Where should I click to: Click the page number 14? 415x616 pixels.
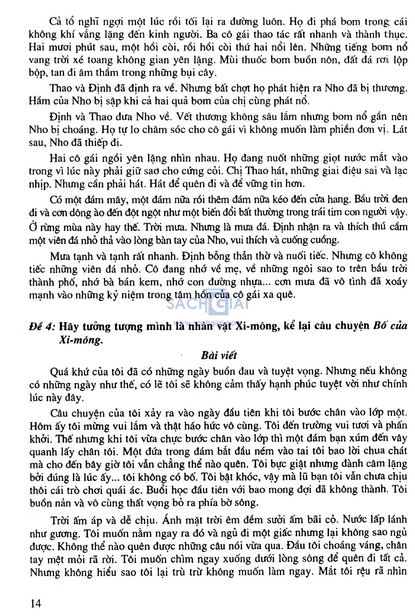[36, 603]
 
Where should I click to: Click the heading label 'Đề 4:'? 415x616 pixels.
[42, 327]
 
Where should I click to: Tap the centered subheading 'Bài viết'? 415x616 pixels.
[218, 355]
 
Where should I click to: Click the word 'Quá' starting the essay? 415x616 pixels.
[60, 371]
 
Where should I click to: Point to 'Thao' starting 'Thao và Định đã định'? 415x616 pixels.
[60, 88]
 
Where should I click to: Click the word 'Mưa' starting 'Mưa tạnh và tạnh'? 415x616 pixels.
[60, 256]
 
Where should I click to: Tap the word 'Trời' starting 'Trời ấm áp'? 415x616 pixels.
[61, 519]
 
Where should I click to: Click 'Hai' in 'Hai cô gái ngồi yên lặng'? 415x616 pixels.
[58, 158]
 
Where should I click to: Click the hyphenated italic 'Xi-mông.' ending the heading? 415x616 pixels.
[81, 340]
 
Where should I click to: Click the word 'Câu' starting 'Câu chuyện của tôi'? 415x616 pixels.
[60, 413]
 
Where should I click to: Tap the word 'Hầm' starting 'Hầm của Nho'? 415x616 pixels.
[39, 101]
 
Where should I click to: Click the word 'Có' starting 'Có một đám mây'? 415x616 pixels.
[57, 200]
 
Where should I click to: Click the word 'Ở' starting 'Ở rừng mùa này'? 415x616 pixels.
[33, 227]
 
